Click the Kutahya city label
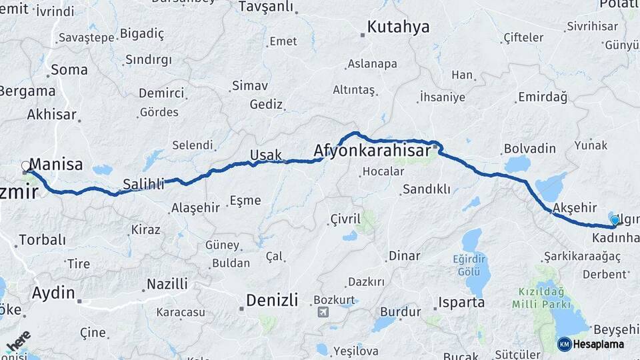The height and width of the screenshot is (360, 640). tap(399, 27)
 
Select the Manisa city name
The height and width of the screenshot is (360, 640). tap(56, 165)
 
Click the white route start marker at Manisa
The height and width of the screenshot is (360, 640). tap(26, 166)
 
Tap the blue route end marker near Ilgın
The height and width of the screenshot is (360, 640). tap(614, 220)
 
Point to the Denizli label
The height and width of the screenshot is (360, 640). tap(272, 300)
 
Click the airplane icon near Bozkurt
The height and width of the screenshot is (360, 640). tap(324, 312)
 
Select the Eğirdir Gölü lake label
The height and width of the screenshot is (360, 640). tap(473, 267)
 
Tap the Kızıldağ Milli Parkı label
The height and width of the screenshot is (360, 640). tap(542, 298)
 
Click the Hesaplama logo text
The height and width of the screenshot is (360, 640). tap(598, 344)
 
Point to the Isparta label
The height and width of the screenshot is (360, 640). tap(461, 303)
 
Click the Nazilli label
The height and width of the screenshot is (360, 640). tap(167, 284)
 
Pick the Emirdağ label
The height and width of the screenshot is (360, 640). tap(542, 97)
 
